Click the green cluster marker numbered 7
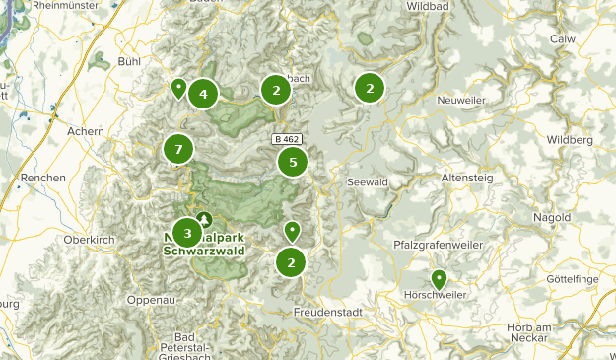point(178,150)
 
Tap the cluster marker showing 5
point(293,162)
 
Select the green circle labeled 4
point(203,95)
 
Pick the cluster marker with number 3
point(187,234)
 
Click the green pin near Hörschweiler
point(439,280)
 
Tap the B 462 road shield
point(286,140)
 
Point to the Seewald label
point(367,182)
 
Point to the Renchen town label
point(41,178)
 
